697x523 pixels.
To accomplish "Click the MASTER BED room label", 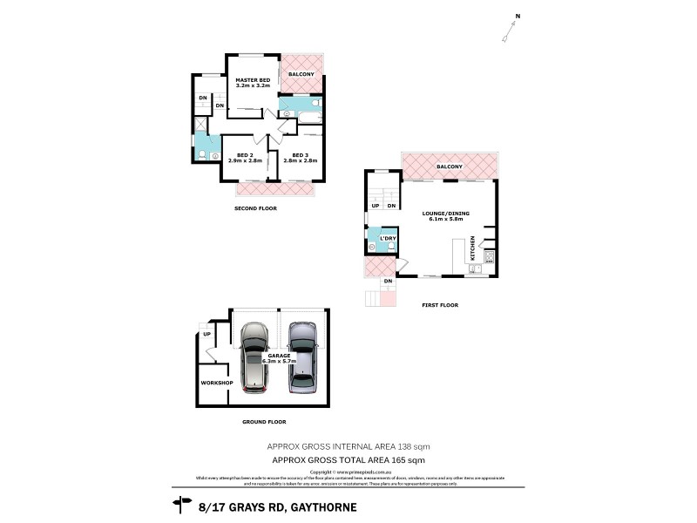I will coord(253,80).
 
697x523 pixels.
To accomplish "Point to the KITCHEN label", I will coord(473,248).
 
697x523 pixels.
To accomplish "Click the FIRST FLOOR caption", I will coord(439,305).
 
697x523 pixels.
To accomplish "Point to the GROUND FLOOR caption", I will coord(265,421).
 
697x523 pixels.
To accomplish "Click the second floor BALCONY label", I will coord(301,74).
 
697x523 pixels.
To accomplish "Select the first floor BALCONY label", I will coord(450,166).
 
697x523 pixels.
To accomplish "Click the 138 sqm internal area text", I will coord(348,445).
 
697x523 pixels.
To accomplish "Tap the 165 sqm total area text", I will coord(348,458).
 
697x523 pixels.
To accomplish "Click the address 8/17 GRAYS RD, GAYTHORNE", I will coord(278,506).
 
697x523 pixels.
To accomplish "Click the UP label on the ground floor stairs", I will coord(206,334).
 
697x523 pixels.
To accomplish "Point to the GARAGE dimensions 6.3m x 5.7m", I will coord(280,360).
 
